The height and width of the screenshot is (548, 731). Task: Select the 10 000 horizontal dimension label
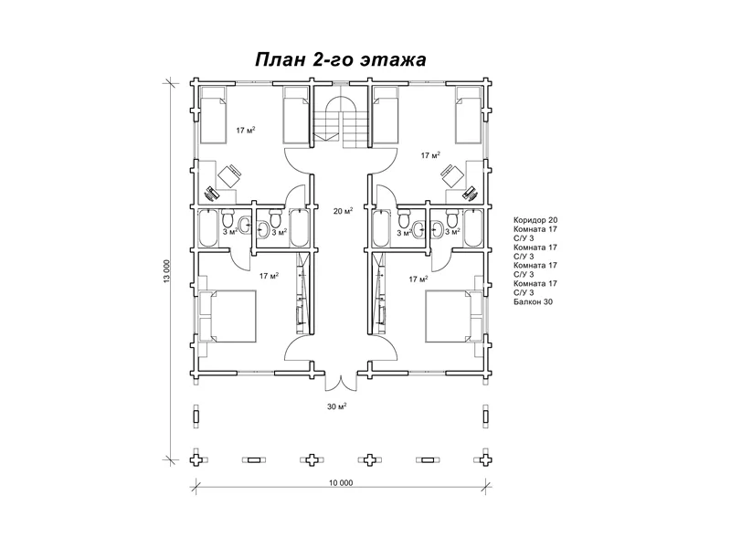(x=339, y=482)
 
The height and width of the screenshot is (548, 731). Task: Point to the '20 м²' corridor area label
(x=343, y=211)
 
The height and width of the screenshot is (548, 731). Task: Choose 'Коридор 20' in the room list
(x=535, y=221)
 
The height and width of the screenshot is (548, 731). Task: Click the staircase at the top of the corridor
(x=340, y=118)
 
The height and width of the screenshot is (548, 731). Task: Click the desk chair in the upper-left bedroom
(x=229, y=173)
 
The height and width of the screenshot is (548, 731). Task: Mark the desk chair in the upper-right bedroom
(x=450, y=173)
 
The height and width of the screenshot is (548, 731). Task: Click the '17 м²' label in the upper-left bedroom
(x=245, y=131)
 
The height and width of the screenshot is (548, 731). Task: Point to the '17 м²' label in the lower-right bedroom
(x=418, y=279)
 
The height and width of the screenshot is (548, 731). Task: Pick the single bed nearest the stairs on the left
(x=295, y=117)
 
